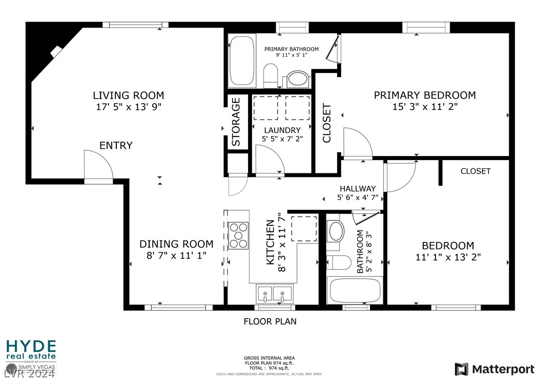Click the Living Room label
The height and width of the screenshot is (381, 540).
(129, 95)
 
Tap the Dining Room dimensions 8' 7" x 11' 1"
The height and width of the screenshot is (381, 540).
(176, 256)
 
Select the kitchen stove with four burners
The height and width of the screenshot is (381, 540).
(238, 235)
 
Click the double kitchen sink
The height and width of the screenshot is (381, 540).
(274, 294)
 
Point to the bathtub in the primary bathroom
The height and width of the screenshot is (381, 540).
(241, 60)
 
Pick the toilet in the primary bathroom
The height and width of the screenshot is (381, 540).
(271, 76)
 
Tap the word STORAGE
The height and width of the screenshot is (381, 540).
(236, 122)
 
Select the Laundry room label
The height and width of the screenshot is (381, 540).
(282, 130)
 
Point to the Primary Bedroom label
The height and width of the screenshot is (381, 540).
(425, 95)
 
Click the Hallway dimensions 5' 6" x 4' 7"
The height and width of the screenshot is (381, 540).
(358, 198)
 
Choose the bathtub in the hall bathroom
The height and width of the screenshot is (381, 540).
(355, 290)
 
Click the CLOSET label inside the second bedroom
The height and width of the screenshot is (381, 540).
(475, 171)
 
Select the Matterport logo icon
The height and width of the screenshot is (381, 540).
(462, 369)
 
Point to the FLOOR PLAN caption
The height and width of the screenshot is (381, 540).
(270, 322)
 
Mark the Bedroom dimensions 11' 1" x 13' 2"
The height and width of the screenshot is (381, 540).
(448, 257)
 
